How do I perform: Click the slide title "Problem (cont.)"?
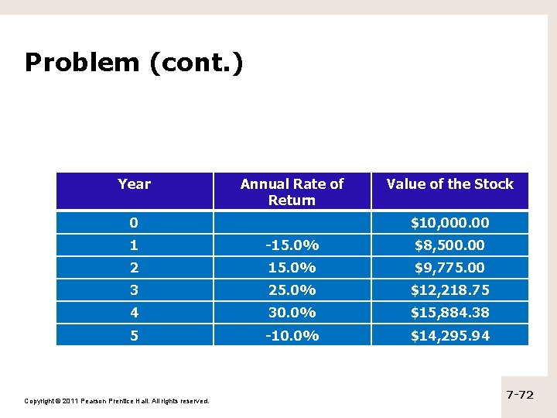tap(134, 63)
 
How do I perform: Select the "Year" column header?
tap(134, 184)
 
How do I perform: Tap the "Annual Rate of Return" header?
tap(292, 192)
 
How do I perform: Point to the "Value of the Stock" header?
tap(449, 184)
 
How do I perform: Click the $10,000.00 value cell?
tap(449, 223)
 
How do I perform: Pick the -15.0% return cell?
tap(292, 245)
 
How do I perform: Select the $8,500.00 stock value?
tap(449, 245)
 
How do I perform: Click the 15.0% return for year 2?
tap(292, 268)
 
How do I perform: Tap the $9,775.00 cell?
tap(449, 268)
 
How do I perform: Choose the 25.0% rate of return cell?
tap(292, 290)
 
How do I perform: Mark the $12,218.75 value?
tap(449, 290)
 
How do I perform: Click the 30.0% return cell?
tap(292, 313)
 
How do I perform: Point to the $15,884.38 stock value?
tap(449, 313)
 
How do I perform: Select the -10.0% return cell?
tap(292, 336)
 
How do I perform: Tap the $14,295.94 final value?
tap(449, 336)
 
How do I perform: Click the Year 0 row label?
tap(134, 223)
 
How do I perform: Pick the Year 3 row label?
tap(134, 290)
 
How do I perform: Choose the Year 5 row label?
tap(134, 336)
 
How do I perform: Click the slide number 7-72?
tap(520, 395)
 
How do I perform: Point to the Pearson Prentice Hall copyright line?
tap(117, 401)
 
